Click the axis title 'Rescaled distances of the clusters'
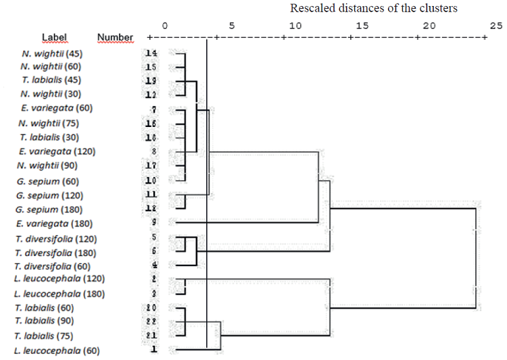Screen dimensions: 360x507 374,9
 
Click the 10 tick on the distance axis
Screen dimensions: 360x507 295,26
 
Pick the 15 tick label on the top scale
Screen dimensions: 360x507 362,26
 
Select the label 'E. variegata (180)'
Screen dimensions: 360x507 53,223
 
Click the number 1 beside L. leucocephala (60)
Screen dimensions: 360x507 154,351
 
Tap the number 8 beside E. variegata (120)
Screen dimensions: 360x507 154,152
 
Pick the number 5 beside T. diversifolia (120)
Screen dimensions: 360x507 154,238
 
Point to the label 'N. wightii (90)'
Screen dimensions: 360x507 49,165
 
